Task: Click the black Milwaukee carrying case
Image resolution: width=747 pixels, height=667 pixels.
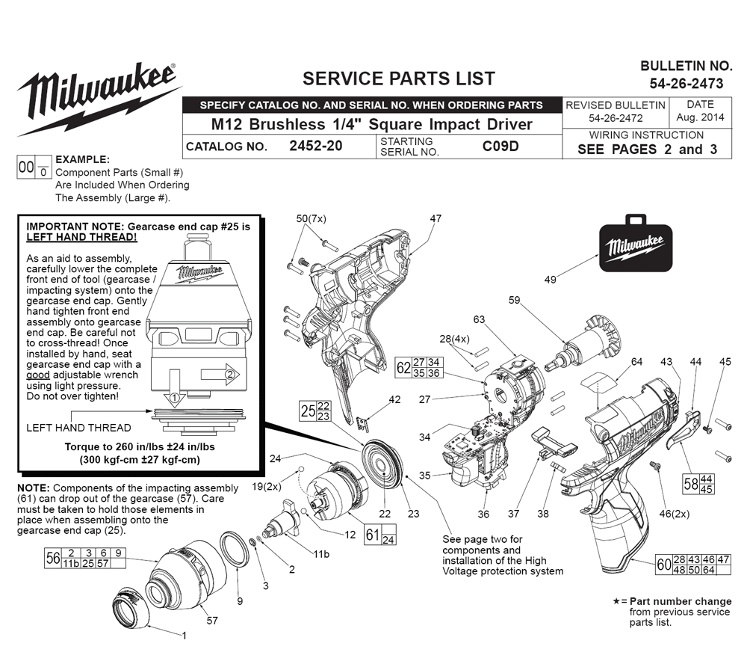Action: pos(636,244)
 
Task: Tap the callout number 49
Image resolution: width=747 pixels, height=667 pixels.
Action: pos(551,280)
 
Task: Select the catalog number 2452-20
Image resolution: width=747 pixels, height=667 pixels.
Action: pos(316,146)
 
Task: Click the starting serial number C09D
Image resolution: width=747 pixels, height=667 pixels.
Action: pos(500,146)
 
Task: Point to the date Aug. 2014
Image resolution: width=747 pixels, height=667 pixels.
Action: pos(700,117)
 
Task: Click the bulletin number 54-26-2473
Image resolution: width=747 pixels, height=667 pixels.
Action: pos(686,84)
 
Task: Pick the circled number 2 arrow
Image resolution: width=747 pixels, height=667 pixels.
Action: pos(220,375)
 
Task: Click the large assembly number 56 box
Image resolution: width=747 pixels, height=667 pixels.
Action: pos(85,558)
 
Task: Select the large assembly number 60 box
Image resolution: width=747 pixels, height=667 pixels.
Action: pos(693,565)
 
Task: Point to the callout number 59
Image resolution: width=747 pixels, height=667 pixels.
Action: pos(514,301)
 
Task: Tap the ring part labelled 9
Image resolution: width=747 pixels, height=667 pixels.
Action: pos(235,549)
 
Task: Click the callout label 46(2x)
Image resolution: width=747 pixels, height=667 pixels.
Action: pos(674,514)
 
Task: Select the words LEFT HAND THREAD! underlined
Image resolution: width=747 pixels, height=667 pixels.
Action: pos(81,238)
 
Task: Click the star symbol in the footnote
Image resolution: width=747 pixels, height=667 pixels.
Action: pos(616,601)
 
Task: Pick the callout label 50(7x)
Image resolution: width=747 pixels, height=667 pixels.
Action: pos(311,219)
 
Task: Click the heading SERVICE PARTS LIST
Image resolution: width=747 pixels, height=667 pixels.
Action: pos(399,79)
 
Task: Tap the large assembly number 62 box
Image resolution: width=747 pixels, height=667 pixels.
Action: pos(418,368)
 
